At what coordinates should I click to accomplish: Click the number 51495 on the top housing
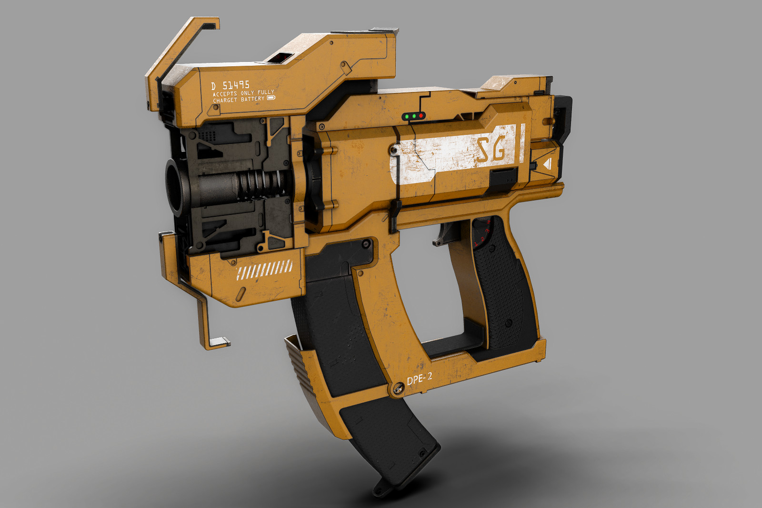click(x=236, y=85)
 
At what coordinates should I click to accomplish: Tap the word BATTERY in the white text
click(x=252, y=99)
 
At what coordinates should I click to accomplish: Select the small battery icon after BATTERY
click(x=271, y=98)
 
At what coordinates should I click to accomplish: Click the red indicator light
click(x=421, y=116)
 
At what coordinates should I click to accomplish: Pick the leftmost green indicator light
click(x=407, y=116)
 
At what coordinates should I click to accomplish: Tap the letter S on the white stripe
click(x=482, y=151)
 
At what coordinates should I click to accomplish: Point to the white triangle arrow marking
click(x=547, y=164)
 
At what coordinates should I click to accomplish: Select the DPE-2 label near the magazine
click(x=420, y=379)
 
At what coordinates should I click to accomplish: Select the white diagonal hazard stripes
click(x=265, y=270)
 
